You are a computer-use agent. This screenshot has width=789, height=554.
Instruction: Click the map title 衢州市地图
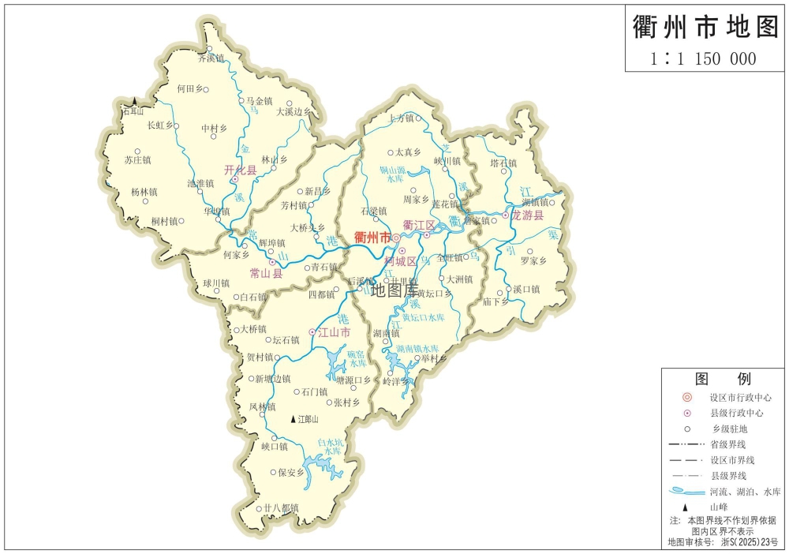click(705, 28)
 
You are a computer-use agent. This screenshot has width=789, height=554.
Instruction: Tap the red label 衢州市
click(372, 237)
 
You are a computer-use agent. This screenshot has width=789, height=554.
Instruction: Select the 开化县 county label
click(241, 170)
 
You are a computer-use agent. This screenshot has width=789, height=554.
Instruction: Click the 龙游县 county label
click(528, 215)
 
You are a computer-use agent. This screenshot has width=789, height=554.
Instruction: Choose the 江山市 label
click(334, 332)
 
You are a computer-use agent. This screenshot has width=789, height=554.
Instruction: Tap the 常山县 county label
click(266, 273)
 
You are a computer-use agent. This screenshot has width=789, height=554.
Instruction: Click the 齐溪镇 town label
click(211, 58)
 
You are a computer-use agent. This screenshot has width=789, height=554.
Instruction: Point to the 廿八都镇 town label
click(281, 507)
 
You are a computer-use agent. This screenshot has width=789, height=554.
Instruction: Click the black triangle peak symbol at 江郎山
click(294, 420)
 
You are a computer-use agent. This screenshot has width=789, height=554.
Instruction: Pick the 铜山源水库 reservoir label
click(392, 174)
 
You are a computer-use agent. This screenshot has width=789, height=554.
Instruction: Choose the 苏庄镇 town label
click(137, 160)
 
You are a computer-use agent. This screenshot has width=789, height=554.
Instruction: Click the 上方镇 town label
click(401, 118)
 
